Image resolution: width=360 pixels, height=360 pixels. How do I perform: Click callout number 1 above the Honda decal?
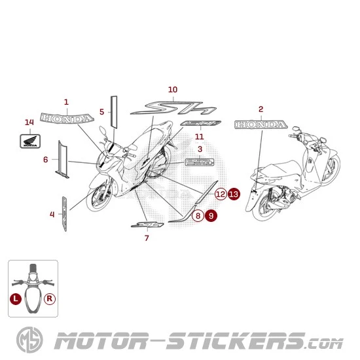pos(66,101)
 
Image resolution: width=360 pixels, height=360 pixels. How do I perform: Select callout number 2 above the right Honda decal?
pos(261,109)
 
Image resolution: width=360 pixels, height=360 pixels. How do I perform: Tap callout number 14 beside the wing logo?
pos(28,122)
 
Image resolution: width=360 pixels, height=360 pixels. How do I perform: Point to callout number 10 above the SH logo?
pos(173,89)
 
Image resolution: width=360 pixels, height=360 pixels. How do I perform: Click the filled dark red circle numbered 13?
pos(234,194)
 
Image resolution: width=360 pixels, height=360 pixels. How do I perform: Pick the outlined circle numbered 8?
pos(197,215)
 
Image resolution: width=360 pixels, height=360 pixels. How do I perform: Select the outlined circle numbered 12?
pos(220,194)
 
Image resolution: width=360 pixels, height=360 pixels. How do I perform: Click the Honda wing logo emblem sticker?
pos(29,139)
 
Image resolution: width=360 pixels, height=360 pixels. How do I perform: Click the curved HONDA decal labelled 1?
pos(66,118)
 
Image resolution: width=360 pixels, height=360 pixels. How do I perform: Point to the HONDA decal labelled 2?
pos(260,124)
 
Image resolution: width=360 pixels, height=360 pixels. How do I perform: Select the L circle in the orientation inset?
pos(16,297)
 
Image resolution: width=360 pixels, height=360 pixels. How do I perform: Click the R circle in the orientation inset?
pos(50,297)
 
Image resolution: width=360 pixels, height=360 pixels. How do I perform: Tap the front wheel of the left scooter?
pos(99,197)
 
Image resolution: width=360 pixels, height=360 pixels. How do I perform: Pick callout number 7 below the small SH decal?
pos(147,238)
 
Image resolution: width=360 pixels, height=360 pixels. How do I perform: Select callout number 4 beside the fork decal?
pos(52,213)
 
